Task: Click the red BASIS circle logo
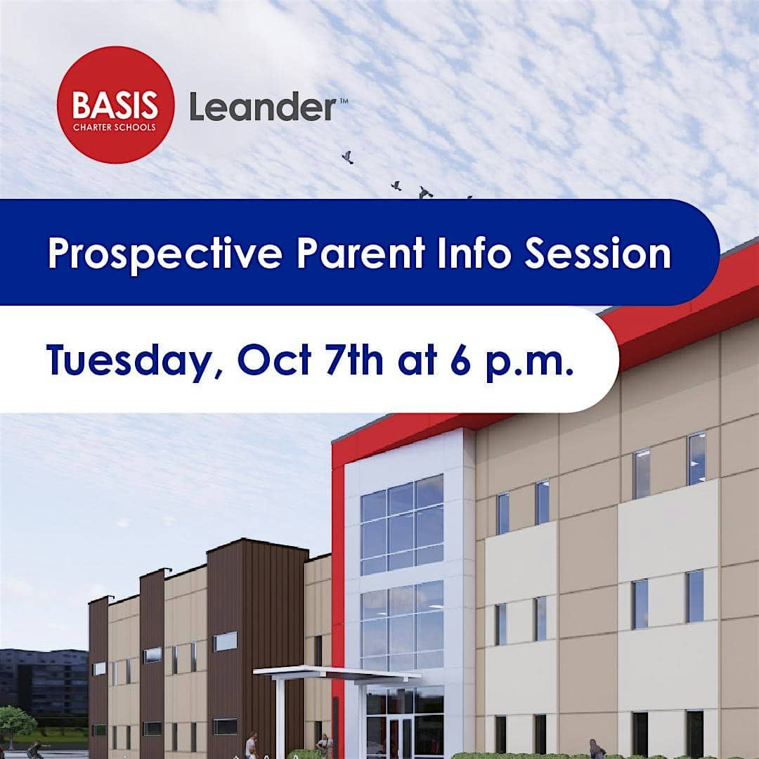point(116,105)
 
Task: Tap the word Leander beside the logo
point(263,107)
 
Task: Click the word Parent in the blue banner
point(361,253)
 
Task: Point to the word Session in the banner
point(598,253)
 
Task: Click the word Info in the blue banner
point(474,253)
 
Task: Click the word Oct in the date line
point(275,360)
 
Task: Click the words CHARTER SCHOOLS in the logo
point(115,127)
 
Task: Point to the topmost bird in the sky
point(347,157)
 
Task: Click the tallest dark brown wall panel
point(257,648)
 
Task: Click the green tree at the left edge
point(18,724)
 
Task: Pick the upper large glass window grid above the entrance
point(402,524)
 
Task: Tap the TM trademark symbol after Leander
point(343,100)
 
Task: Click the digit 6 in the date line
point(460,360)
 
